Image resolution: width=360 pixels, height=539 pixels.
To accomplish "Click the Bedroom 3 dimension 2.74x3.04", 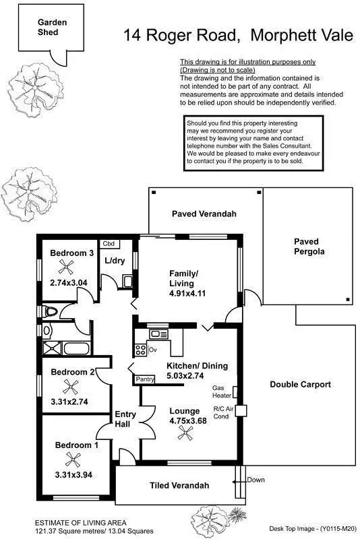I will click(69, 283).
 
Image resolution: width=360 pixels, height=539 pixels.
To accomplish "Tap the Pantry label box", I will click(145, 380).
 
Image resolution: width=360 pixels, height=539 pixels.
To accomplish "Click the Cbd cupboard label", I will click(108, 244).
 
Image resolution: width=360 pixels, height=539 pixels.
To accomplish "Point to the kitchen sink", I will click(159, 334).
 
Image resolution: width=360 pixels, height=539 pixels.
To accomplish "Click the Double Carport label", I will click(300, 385).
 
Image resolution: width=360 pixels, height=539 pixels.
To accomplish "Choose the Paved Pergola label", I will click(309, 247).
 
